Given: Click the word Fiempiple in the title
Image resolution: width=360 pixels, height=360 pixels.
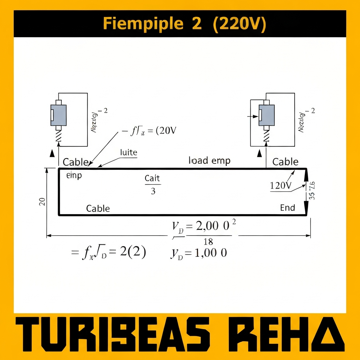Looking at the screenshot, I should [x=143, y=24].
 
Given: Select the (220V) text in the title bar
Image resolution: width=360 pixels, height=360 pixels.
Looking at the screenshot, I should [x=239, y=24].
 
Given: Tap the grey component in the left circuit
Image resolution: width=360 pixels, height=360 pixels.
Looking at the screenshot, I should [x=58, y=115].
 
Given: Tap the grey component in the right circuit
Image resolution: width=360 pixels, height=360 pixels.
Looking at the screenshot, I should [x=266, y=115].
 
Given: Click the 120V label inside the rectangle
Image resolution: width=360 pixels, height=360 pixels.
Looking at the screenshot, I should [x=281, y=186].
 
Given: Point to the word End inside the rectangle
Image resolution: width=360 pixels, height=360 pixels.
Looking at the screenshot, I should [x=288, y=208].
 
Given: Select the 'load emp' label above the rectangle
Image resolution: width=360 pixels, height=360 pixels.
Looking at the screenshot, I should [x=210, y=161].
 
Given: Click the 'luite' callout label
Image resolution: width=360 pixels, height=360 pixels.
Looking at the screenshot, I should [x=129, y=153].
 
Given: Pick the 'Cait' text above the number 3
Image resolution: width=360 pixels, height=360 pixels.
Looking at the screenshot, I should [x=152, y=179].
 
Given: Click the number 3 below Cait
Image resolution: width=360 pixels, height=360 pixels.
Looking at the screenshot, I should [x=153, y=192].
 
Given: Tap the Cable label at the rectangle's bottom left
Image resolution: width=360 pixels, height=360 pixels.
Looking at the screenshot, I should [x=98, y=208].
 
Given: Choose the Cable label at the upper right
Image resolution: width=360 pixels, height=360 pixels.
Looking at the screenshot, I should [x=285, y=162].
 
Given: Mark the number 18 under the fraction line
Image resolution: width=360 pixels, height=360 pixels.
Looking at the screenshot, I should [x=208, y=242].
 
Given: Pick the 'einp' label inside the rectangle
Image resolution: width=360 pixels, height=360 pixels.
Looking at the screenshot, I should [x=74, y=175].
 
